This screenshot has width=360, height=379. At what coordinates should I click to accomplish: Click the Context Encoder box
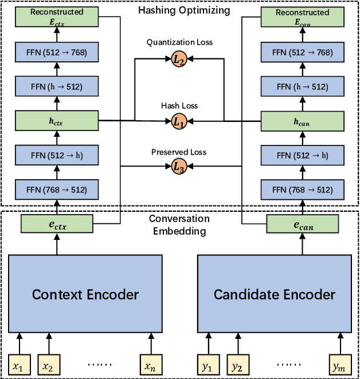point(85,295)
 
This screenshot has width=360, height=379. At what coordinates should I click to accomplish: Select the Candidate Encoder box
point(274,295)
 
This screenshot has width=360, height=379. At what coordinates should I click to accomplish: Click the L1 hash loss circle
point(179,121)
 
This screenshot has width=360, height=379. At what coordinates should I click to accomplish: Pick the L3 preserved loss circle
point(179,167)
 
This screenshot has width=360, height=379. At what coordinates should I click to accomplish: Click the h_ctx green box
point(56,121)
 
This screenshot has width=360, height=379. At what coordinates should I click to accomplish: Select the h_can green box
point(302,121)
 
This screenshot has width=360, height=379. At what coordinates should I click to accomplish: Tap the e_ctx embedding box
point(56,225)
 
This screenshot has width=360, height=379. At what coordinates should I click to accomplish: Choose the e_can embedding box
point(302,225)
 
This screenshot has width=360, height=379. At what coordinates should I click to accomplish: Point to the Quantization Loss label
point(179,42)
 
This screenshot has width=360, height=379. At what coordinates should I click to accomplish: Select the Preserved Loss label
point(179,152)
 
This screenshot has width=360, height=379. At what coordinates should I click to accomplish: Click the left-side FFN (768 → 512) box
point(56,189)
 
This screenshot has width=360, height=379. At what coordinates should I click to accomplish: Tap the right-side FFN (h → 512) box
point(302,86)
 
